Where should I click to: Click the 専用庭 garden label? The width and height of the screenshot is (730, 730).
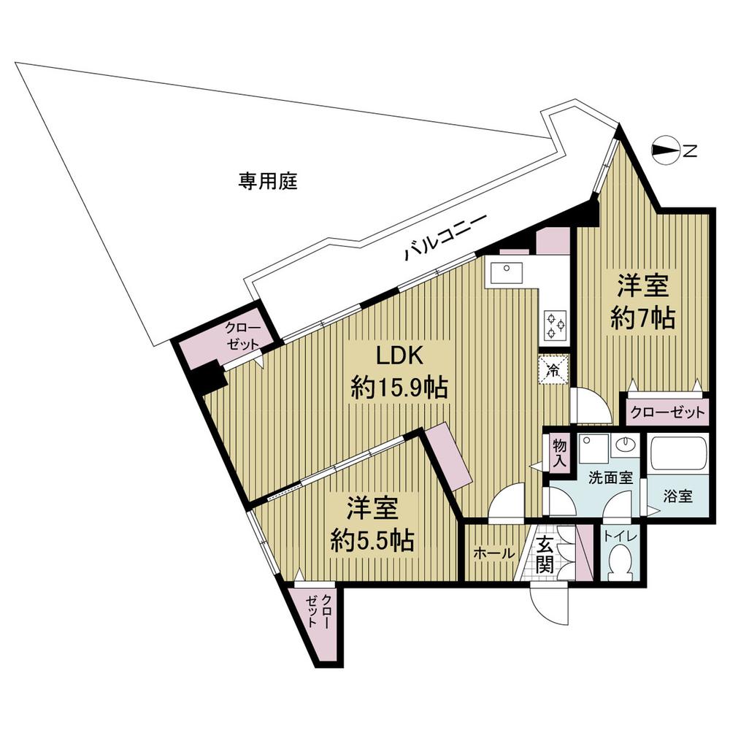click(x=268, y=182)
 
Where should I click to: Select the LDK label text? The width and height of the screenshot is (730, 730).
click(x=399, y=356)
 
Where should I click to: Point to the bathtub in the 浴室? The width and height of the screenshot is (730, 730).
click(x=678, y=453)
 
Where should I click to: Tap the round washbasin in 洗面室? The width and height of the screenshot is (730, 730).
click(x=624, y=445)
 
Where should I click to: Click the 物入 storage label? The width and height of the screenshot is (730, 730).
click(x=560, y=453)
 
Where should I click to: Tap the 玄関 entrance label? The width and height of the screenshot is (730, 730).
click(x=545, y=555)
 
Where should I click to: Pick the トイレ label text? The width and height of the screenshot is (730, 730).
click(x=620, y=537)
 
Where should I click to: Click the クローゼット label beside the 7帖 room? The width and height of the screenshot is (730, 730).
click(x=666, y=411)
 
